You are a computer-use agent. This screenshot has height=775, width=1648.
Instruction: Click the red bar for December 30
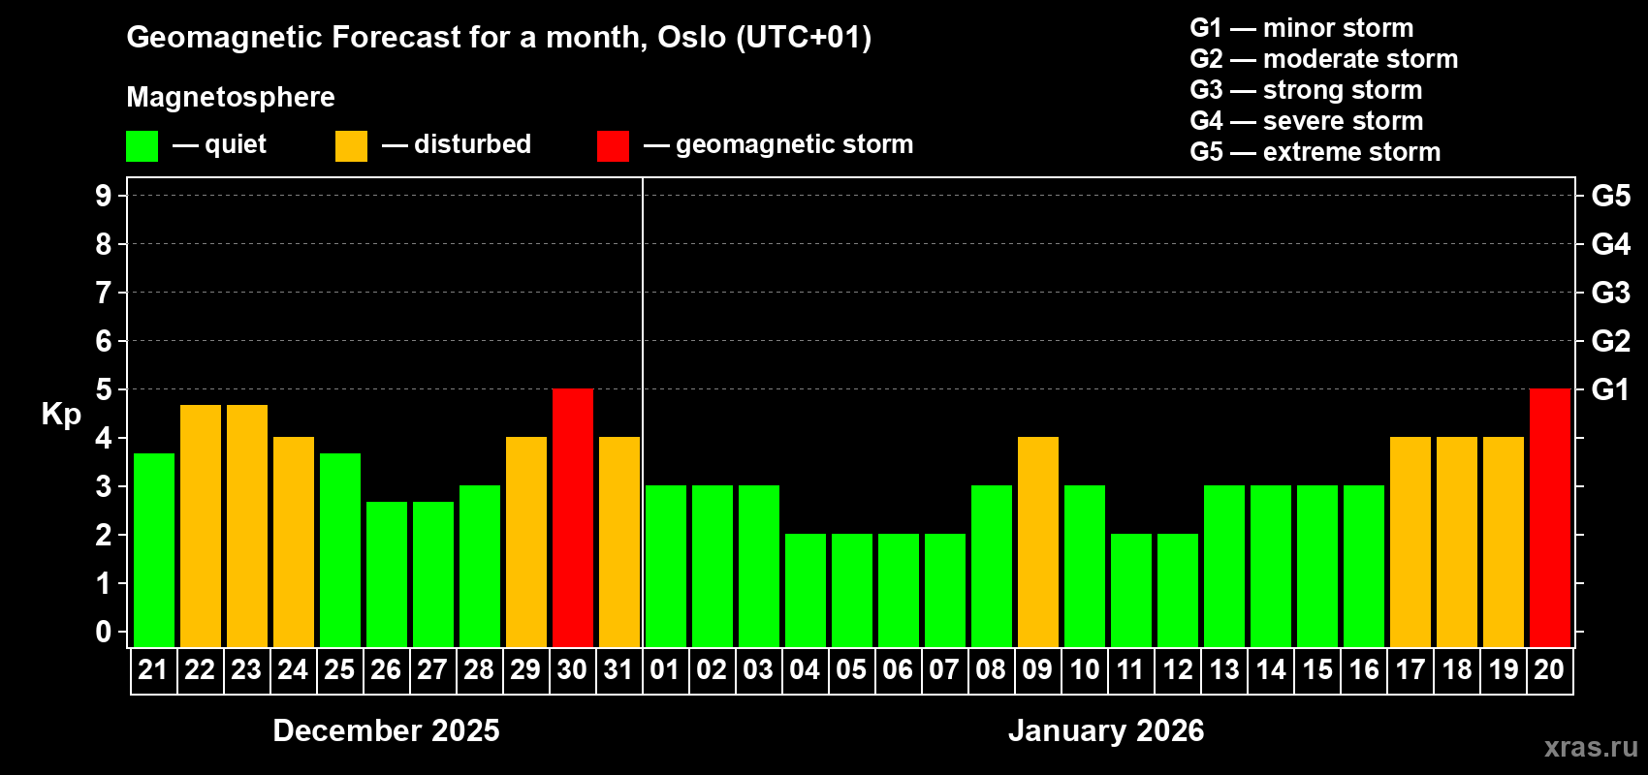point(573,517)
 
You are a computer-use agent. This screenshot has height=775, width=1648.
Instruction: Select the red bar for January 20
point(1550,517)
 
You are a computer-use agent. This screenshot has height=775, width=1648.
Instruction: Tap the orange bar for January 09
point(1038,542)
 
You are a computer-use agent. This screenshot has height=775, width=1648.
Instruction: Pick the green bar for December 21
point(154,549)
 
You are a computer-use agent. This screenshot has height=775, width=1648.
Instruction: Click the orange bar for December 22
point(201,525)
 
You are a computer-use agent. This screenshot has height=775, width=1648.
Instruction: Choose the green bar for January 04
point(806,590)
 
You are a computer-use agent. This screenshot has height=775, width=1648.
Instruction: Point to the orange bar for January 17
point(1410,542)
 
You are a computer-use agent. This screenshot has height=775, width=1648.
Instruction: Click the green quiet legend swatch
point(142,146)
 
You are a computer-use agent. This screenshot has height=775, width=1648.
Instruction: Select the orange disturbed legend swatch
point(351,146)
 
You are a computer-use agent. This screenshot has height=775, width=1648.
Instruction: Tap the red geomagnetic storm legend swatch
point(613,146)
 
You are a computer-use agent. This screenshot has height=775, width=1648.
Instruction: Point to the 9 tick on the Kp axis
point(104,196)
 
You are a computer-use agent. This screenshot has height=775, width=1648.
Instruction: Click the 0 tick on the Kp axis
point(104,632)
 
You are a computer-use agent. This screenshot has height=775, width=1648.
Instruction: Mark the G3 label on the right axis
point(1610,293)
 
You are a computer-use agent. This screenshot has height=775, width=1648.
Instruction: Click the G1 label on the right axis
point(1610,389)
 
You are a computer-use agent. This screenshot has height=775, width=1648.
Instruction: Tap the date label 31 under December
point(618,669)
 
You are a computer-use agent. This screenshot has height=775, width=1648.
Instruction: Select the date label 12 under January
point(1178,669)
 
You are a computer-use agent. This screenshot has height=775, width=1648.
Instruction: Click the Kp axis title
point(61,414)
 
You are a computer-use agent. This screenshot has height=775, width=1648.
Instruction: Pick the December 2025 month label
point(386,730)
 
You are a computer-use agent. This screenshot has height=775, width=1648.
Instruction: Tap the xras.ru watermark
point(1591,747)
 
